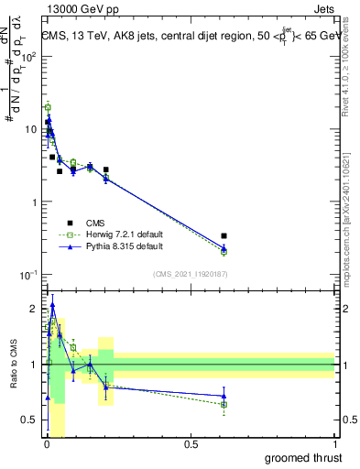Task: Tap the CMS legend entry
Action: tap(95, 222)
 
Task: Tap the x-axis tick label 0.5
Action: tap(191, 444)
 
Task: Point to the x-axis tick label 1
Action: tap(335, 444)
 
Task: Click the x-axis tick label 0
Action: tap(46, 444)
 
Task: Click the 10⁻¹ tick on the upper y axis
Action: tap(27, 275)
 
